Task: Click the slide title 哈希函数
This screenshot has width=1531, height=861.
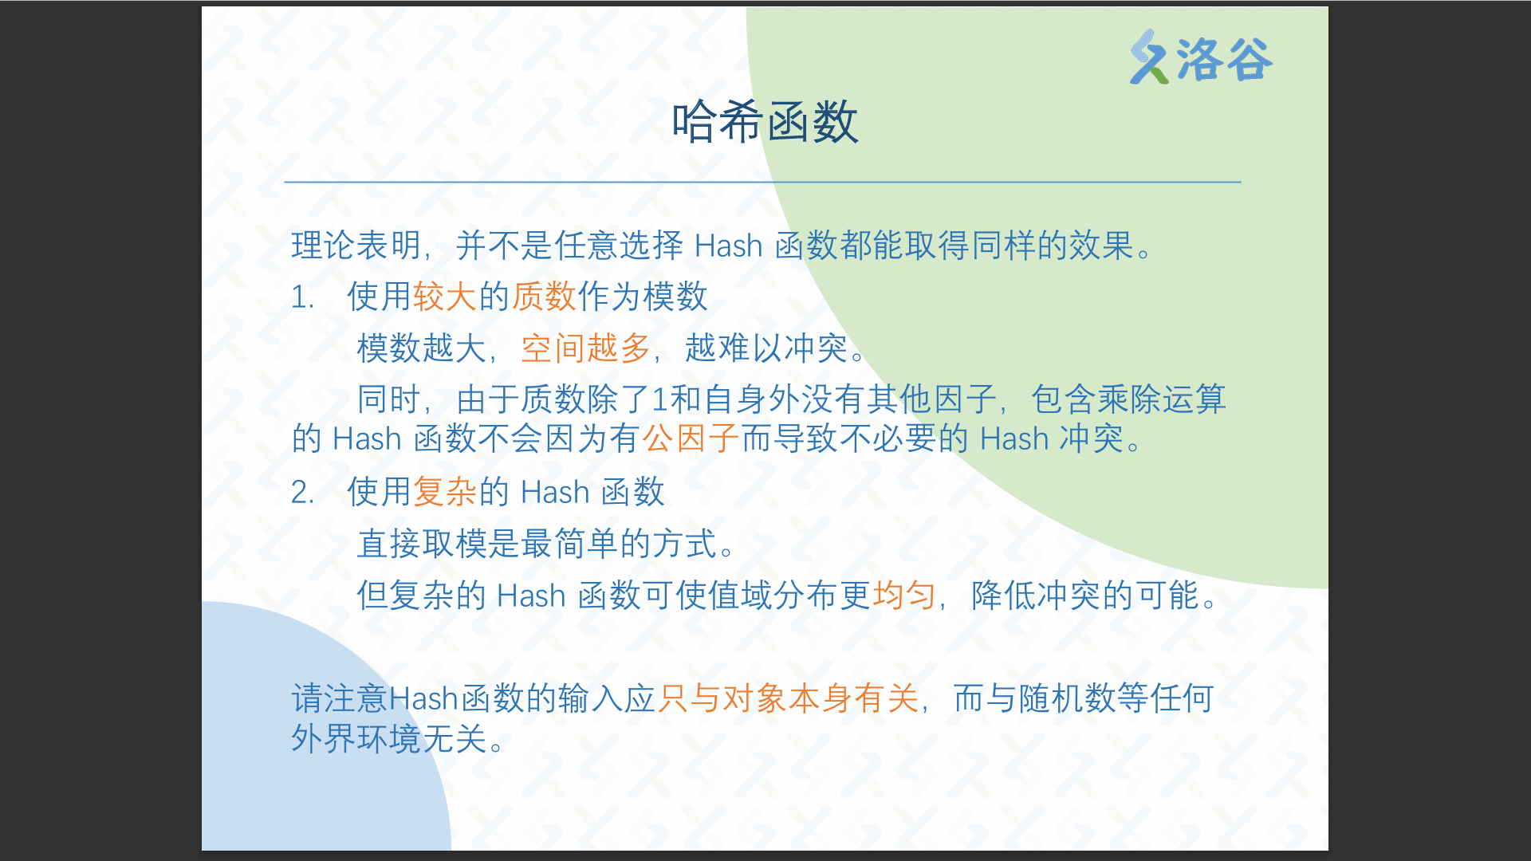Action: coord(765,122)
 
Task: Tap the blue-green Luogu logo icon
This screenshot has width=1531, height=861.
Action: coord(1149,57)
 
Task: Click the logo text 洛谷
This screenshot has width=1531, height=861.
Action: coord(1225,60)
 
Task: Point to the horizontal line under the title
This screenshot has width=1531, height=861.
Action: coord(762,182)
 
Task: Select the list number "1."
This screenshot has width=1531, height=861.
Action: coord(302,297)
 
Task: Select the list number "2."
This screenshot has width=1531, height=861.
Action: coord(302,492)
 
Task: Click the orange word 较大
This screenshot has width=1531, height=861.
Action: coord(444,297)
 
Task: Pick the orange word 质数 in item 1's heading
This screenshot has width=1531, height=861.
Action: coord(544,297)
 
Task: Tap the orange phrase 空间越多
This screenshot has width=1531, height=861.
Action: coord(586,348)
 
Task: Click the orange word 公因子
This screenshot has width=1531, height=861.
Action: coord(691,438)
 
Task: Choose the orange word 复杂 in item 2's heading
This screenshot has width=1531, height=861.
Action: coord(444,491)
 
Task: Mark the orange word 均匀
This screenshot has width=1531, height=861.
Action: coord(904,595)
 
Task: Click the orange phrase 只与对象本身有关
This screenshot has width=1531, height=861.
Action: coord(788,698)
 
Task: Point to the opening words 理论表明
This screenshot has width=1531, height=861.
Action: coord(356,245)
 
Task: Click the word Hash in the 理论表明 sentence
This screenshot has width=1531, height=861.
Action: coord(728,246)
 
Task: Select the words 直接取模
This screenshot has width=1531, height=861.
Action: coord(422,543)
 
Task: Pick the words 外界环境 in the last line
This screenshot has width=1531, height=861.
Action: coord(356,738)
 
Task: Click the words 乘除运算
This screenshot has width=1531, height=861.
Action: coord(1161,399)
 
